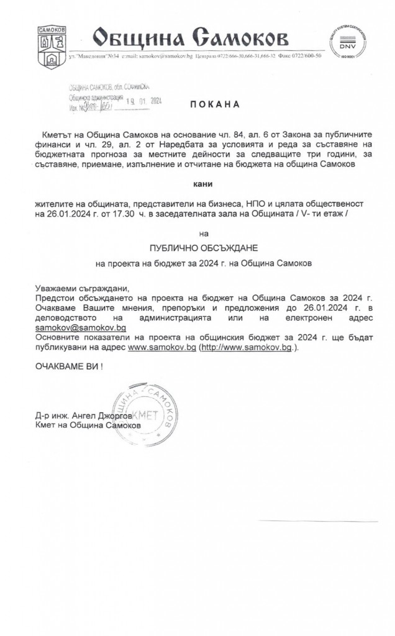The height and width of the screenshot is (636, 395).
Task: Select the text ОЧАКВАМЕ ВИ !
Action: click(68, 366)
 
